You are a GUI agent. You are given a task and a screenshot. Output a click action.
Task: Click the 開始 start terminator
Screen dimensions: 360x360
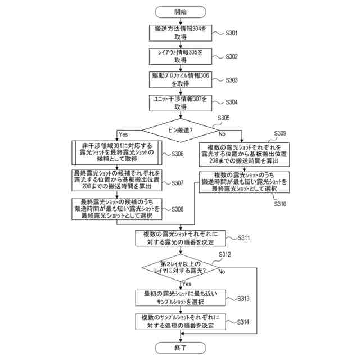[181, 12]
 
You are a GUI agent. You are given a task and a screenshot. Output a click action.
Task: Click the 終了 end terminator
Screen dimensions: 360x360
[181, 348]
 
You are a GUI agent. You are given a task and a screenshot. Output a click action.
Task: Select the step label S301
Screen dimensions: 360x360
[231, 33]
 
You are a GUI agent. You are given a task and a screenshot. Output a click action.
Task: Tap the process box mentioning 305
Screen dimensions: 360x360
[181, 56]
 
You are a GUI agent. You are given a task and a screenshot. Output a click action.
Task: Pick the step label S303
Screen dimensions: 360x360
[231, 80]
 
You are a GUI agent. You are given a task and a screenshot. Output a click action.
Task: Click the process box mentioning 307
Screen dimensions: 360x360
[181, 103]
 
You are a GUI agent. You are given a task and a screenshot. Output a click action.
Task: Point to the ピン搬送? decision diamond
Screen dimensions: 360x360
[181, 130]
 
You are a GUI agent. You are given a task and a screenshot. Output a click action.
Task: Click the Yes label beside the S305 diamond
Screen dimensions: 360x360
[123, 134]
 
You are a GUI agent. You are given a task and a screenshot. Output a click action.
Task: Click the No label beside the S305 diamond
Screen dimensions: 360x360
[222, 134]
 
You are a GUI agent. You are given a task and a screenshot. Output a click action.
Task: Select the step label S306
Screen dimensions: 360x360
[178, 154]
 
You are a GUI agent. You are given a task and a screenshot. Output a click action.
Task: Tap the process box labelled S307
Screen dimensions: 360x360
[117, 180]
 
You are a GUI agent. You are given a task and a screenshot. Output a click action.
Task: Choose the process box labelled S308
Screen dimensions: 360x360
[117, 209]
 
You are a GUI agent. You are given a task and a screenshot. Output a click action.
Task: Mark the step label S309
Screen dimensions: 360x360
[280, 133]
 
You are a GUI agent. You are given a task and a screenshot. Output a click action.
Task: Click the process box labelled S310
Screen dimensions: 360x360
[244, 182]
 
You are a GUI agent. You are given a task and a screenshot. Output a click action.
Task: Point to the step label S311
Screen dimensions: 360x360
[244, 238]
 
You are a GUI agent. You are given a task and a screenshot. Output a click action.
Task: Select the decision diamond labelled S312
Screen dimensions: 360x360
[181, 268]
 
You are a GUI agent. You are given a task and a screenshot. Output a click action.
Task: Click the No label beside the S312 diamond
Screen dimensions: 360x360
[222, 272]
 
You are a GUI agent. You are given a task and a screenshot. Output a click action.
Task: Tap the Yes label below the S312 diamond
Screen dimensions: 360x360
[187, 283]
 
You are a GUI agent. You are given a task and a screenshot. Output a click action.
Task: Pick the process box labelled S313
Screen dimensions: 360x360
[181, 298]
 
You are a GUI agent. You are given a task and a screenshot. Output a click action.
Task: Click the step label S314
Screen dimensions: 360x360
[243, 322]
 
